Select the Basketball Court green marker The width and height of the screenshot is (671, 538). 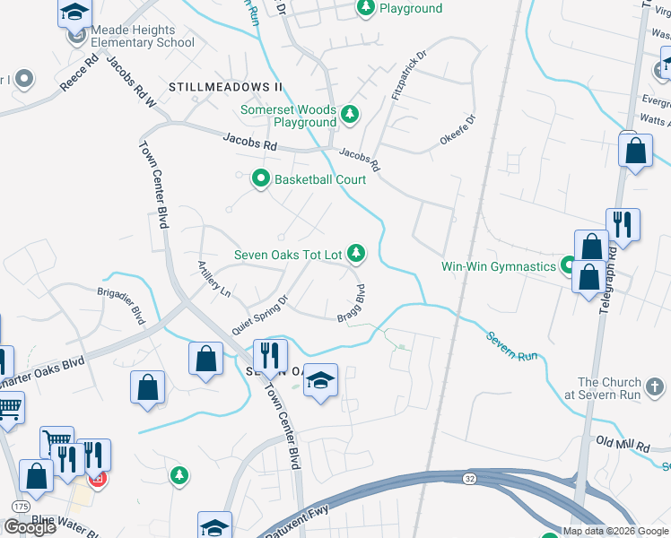[x=261, y=179]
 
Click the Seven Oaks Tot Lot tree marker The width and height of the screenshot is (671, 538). [x=357, y=255]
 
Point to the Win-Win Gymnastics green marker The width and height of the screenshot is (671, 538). [x=568, y=265]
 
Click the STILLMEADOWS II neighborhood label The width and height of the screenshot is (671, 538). [x=225, y=87]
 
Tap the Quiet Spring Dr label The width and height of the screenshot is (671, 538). [x=258, y=306]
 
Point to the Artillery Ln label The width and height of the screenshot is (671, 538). [x=215, y=279]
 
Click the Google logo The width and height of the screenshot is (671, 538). [x=30, y=527]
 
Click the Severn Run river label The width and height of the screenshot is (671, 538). [x=512, y=345]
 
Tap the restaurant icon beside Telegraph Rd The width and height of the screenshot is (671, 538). [x=622, y=226]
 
